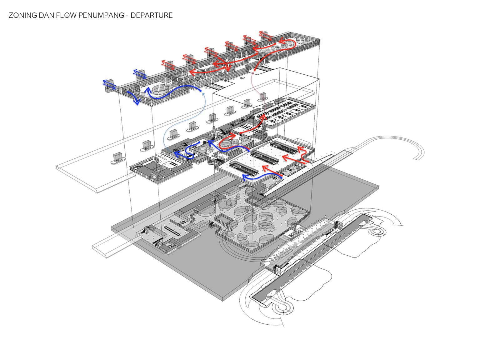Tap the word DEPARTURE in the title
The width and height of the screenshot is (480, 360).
152,15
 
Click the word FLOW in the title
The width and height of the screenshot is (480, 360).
64,15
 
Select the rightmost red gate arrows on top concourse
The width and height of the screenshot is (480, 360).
265,35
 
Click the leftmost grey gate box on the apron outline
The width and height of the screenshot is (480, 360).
117,157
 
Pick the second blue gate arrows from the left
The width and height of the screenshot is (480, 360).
139,74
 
